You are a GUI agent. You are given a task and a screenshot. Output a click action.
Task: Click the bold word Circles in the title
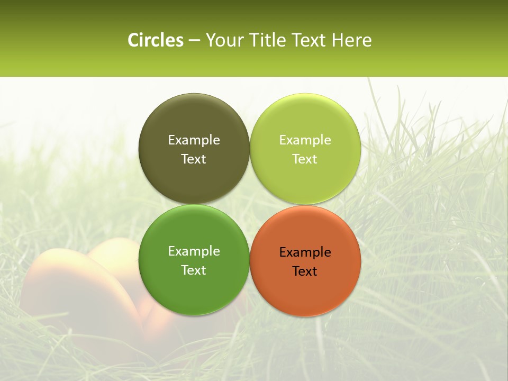(x=155, y=40)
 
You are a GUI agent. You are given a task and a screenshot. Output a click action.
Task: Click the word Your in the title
(x=222, y=40)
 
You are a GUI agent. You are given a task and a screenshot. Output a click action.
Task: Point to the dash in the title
(x=194, y=41)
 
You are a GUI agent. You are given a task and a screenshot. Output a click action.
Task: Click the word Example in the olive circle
(x=194, y=140)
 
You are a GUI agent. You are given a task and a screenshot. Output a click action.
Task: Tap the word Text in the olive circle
(x=194, y=159)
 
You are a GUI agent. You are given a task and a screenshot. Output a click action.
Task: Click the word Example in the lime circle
(x=305, y=140)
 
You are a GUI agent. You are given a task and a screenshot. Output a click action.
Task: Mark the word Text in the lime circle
(x=305, y=159)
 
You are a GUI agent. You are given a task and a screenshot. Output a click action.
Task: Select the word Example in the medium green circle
(x=194, y=251)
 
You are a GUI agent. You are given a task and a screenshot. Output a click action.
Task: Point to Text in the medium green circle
(x=194, y=270)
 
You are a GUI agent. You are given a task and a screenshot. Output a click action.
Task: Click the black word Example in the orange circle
(x=305, y=252)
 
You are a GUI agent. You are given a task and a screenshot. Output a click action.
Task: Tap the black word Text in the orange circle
(x=305, y=271)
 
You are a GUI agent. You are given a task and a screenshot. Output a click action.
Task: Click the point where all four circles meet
(x=250, y=205)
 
